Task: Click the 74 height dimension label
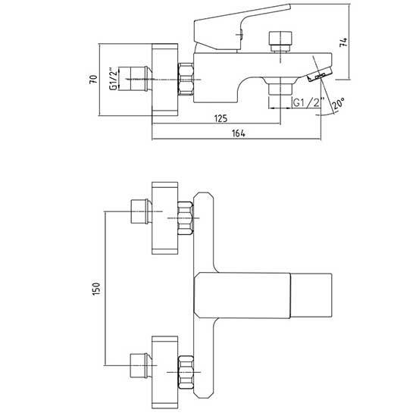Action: point(343,42)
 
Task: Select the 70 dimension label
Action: point(94,80)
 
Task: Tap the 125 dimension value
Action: point(221,118)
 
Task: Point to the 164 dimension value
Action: point(239,133)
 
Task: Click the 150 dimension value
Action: point(96,289)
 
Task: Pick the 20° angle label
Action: point(339,104)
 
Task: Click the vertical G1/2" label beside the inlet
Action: point(114,80)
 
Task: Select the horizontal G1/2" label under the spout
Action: point(309,102)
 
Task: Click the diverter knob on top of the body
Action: point(280,42)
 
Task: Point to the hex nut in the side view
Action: point(186,79)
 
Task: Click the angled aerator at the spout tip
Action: point(320,75)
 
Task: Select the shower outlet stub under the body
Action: point(280,89)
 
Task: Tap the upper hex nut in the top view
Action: point(185,218)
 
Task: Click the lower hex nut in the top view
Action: point(185,373)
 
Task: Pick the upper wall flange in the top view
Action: point(164,218)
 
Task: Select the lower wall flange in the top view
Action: point(164,373)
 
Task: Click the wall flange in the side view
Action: point(164,80)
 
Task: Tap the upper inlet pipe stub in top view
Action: point(141,211)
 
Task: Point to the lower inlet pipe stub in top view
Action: point(141,365)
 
